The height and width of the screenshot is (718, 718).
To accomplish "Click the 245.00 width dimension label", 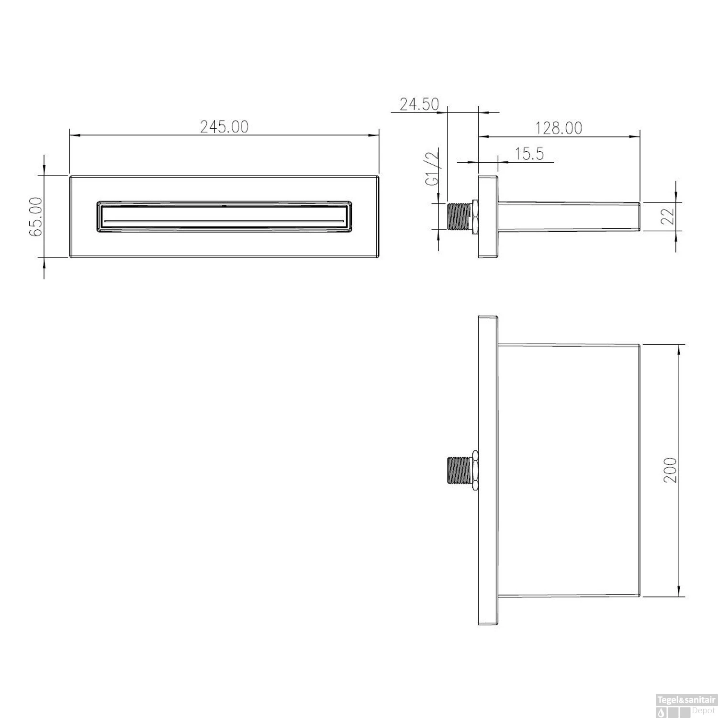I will click(224, 127).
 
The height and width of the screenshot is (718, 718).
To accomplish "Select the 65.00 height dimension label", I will click(36, 217).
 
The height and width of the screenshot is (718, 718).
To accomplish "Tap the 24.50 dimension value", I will click(419, 104).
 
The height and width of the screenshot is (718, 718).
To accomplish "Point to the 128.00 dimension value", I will click(559, 128).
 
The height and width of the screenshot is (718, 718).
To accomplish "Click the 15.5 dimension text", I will click(529, 154).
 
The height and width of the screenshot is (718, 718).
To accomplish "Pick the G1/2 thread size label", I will click(433, 168).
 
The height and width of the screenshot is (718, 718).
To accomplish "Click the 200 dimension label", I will click(671, 470).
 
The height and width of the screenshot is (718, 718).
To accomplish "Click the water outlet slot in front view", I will click(224, 221).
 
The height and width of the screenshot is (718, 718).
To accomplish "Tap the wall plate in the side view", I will click(488, 217).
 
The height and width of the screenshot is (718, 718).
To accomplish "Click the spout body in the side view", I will click(570, 217).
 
